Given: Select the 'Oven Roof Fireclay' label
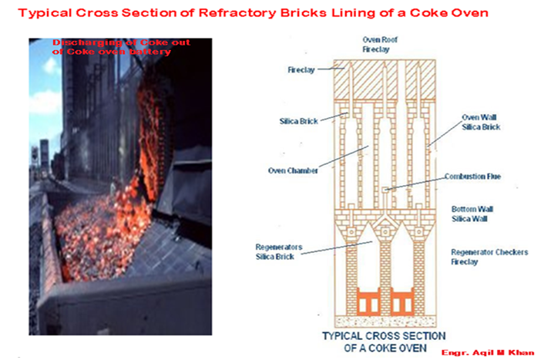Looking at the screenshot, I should point(378,44).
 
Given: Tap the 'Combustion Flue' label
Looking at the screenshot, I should point(472,177).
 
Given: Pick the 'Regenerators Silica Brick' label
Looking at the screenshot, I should point(278,251).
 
